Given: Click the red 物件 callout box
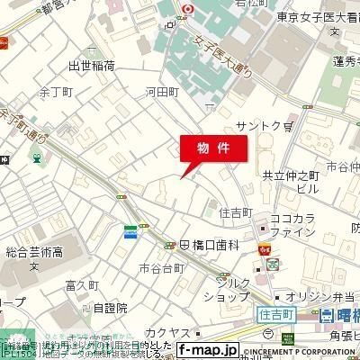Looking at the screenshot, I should (213, 148).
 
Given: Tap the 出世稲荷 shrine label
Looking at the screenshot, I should (92, 66).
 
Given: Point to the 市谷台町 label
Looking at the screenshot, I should (162, 268).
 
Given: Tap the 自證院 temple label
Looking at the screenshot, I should (110, 307).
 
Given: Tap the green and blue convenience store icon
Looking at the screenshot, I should (131, 232).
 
